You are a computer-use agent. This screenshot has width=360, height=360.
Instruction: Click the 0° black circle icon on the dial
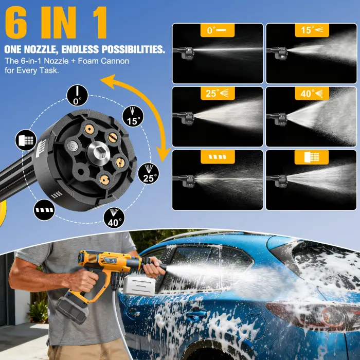77,96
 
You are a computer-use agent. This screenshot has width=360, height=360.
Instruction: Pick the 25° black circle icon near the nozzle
149,173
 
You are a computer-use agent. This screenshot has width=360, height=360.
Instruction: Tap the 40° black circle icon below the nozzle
114,218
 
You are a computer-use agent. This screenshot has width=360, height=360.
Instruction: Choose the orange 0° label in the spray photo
217,30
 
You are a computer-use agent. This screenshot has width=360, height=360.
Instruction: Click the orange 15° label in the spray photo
311,30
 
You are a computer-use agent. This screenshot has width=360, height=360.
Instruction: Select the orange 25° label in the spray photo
217,94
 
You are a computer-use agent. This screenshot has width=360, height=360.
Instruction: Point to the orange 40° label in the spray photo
311,94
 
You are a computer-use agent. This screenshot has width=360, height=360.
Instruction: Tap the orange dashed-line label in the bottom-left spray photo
217,157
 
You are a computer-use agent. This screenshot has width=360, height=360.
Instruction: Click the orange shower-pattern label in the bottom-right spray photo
311,157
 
